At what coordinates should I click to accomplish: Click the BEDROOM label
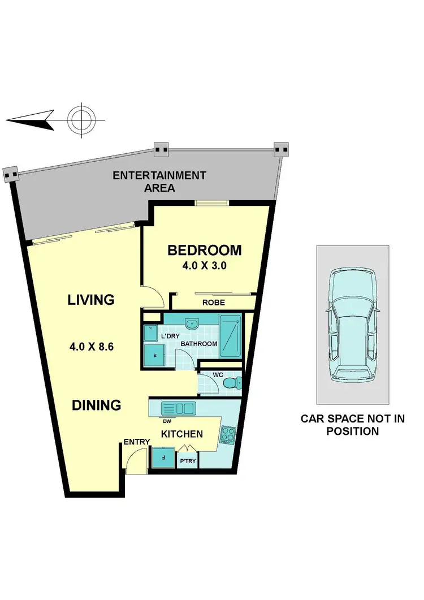click(204, 251)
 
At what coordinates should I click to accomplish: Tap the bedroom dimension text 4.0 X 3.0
click(204, 266)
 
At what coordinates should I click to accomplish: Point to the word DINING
click(96, 405)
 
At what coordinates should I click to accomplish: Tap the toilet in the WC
click(232, 383)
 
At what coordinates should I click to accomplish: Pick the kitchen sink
click(178, 407)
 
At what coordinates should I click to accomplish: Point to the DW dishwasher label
click(167, 421)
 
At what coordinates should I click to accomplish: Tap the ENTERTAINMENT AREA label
click(159, 182)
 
